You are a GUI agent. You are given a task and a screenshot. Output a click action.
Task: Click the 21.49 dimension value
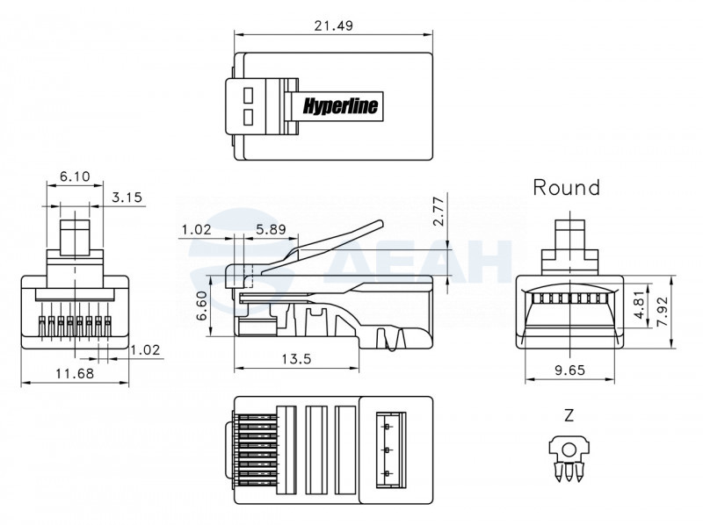point(333,25)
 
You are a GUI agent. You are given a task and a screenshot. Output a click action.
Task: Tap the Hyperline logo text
point(340,105)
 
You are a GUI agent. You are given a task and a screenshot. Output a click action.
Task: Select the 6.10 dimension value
point(75,176)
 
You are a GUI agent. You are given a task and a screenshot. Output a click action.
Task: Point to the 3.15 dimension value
point(127,197)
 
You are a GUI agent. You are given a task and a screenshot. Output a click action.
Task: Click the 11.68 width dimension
point(75,373)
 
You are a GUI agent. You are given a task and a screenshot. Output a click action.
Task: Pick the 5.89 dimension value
point(271,229)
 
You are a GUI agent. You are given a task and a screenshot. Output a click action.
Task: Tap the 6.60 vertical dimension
point(202,306)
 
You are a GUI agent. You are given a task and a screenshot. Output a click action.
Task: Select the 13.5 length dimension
point(296,358)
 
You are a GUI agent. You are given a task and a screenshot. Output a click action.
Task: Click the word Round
point(566,187)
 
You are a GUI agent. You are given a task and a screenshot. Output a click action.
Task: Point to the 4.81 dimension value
point(639,302)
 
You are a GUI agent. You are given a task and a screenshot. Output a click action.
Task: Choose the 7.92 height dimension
point(663,313)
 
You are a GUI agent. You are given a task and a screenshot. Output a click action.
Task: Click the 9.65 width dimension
point(569,370)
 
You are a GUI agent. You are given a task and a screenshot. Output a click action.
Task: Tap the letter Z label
point(569,416)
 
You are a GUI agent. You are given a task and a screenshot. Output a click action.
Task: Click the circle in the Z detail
point(569,449)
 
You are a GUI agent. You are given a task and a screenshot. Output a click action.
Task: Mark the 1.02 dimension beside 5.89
point(196,229)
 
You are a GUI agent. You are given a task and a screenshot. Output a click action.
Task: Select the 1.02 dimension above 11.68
point(145,349)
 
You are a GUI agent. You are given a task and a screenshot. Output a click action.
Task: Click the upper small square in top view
point(248,95)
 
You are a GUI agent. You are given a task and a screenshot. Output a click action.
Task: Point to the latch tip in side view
point(381,223)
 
